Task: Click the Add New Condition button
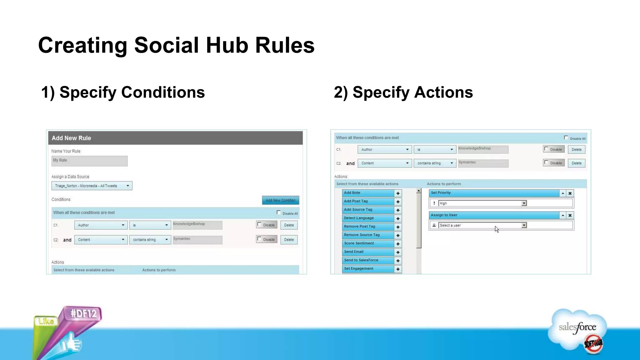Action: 280,200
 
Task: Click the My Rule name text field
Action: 89,161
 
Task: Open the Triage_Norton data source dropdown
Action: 92,186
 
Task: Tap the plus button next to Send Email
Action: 398,252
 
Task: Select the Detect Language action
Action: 368,218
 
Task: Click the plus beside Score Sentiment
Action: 398,244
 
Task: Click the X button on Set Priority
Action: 570,193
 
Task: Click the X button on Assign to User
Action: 570,215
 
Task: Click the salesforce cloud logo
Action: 577,328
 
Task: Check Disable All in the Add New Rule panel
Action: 278,212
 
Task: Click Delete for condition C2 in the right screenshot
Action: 576,163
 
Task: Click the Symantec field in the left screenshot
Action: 197,240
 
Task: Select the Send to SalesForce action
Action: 368,260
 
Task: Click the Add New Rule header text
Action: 71,138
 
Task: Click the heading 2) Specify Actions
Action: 403,92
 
